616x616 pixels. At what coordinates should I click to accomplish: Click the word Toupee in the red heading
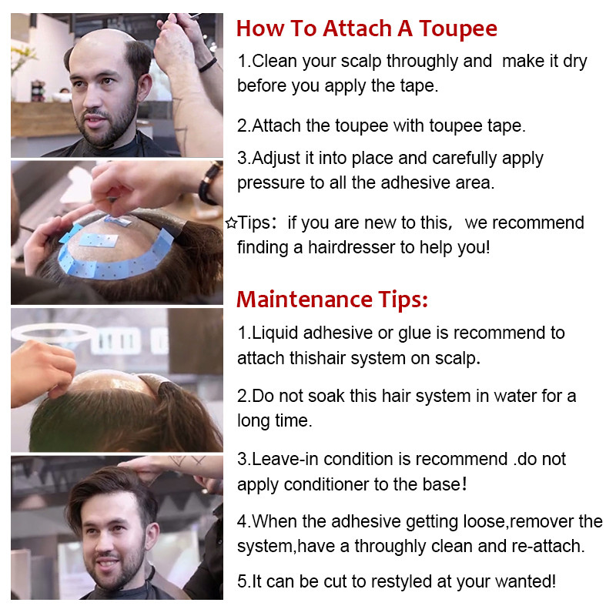tap(458, 29)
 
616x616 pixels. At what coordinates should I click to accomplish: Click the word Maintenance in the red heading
tap(304, 300)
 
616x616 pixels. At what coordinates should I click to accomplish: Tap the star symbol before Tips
tap(232, 223)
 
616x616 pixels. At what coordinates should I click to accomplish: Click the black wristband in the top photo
tap(207, 65)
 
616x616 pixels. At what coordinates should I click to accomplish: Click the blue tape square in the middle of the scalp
tap(99, 240)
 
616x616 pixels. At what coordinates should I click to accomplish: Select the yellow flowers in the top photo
tap(22, 58)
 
